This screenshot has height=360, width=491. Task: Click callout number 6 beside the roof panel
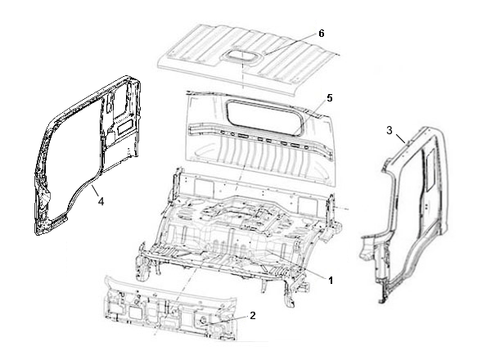pos(322,34)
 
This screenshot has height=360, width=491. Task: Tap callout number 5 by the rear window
pos(330,98)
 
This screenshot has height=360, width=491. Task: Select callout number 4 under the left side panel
pos(101,201)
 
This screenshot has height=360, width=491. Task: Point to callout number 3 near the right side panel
pos(390,130)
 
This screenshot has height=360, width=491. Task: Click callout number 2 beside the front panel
pos(253,315)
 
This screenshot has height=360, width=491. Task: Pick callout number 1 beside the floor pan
pos(331,281)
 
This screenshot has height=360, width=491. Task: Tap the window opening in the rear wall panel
pos(264,117)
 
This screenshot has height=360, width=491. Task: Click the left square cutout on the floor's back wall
pos(200,186)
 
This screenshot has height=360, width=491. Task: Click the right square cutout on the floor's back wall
pos(304,205)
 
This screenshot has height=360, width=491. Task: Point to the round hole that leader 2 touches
pos(203,320)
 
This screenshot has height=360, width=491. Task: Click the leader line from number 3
pos(400,138)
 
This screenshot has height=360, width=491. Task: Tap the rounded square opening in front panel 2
pos(134,312)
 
